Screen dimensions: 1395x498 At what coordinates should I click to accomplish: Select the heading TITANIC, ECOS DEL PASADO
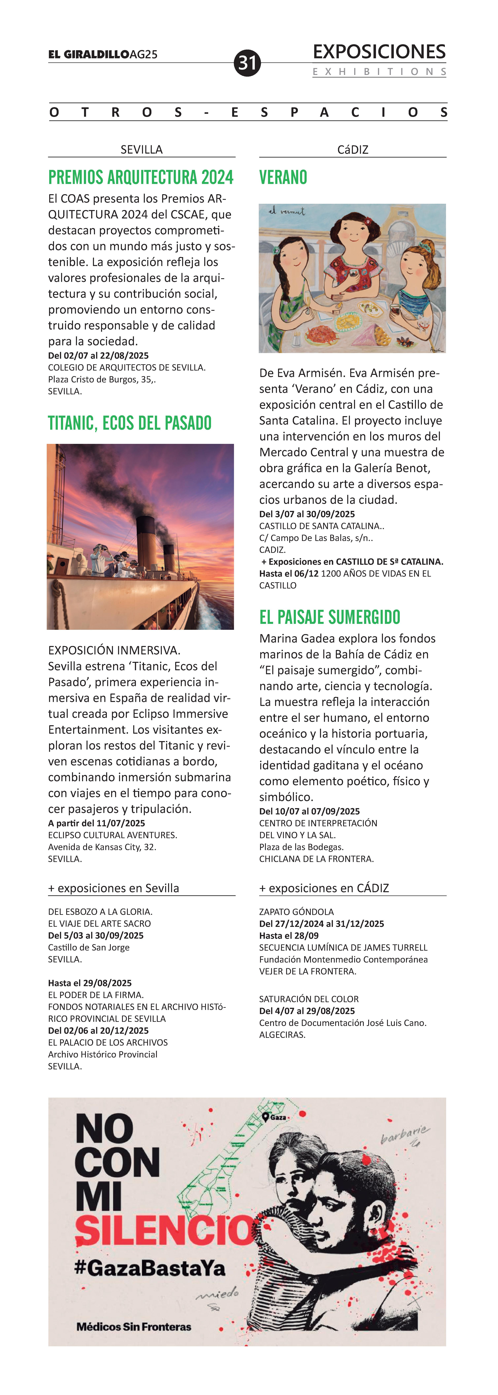130,423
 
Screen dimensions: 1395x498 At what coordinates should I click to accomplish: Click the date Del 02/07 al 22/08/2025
99,356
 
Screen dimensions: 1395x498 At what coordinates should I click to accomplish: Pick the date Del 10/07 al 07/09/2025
310,811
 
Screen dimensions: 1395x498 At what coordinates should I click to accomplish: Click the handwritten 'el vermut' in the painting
287,212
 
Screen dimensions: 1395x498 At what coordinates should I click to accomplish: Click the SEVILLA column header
141,149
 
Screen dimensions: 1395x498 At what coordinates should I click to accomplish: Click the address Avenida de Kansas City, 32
102,847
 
